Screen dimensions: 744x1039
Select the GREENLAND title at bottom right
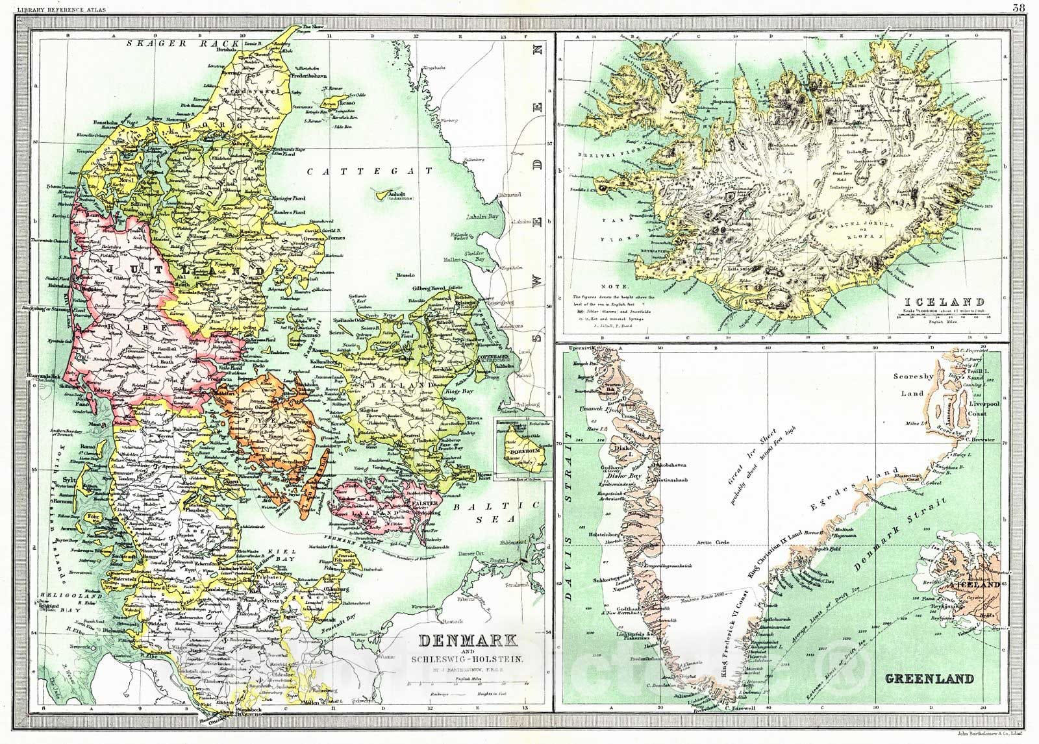click(929, 680)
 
